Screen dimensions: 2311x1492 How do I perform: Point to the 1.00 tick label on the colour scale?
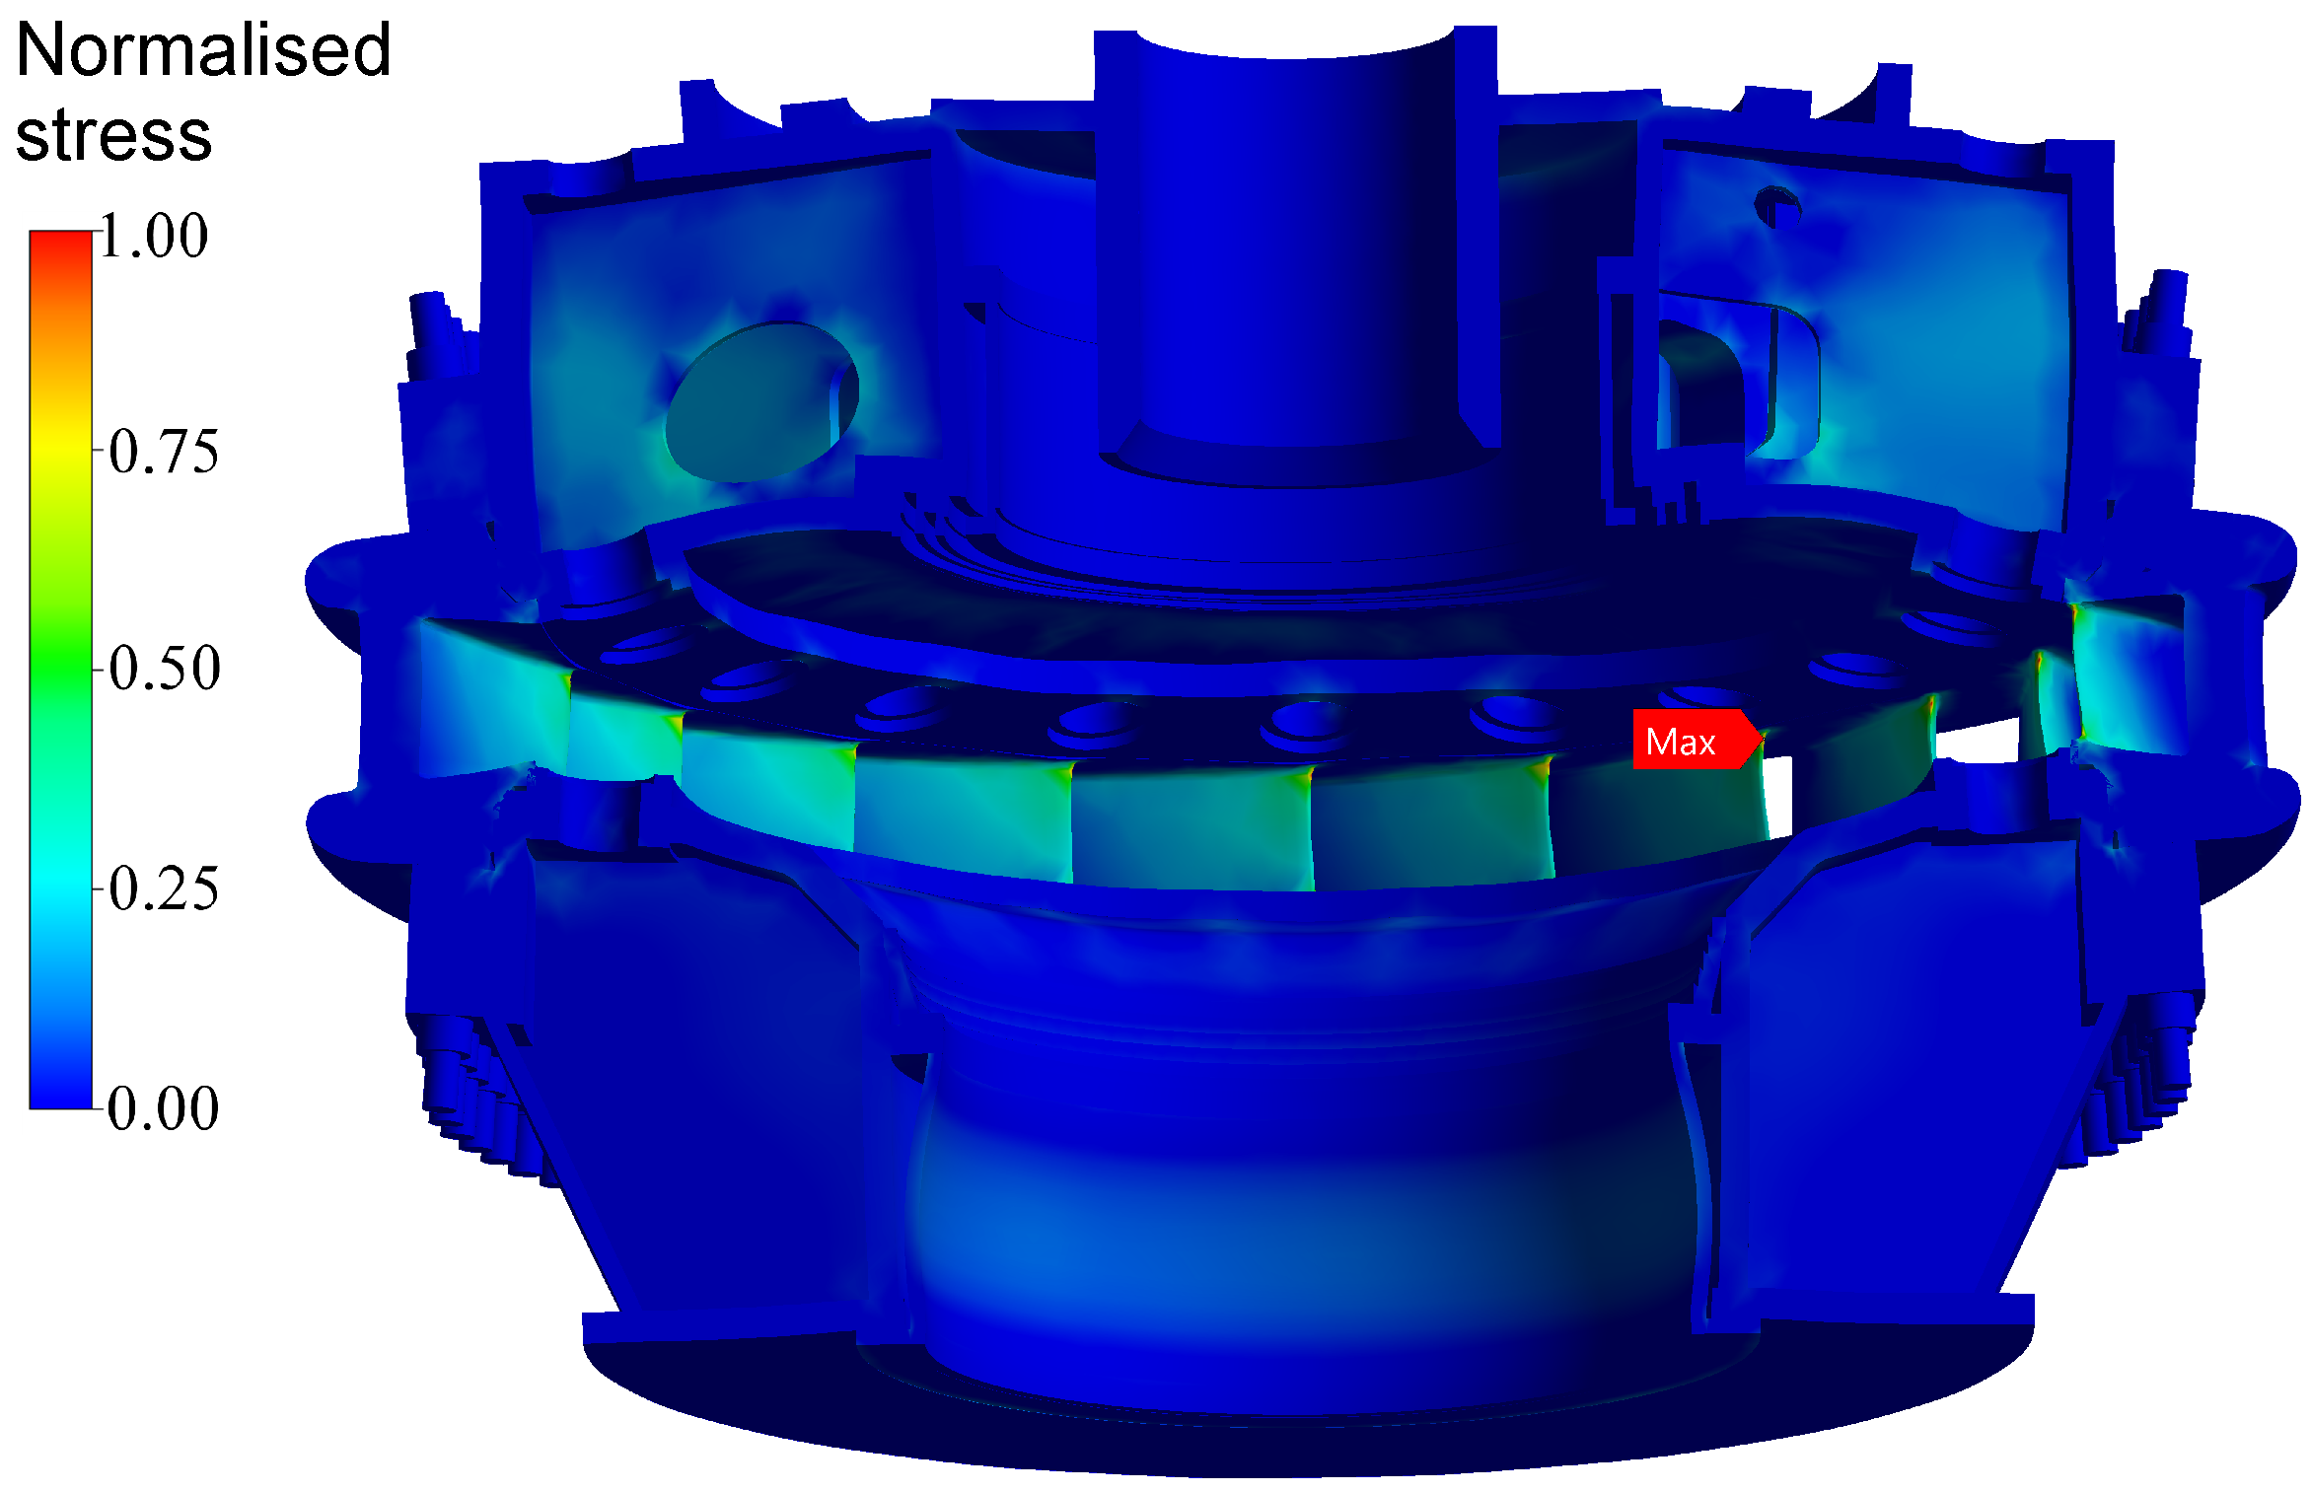tap(154, 236)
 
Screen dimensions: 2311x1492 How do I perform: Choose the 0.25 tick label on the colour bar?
tap(164, 888)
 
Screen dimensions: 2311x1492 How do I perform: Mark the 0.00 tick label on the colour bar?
tap(164, 1107)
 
